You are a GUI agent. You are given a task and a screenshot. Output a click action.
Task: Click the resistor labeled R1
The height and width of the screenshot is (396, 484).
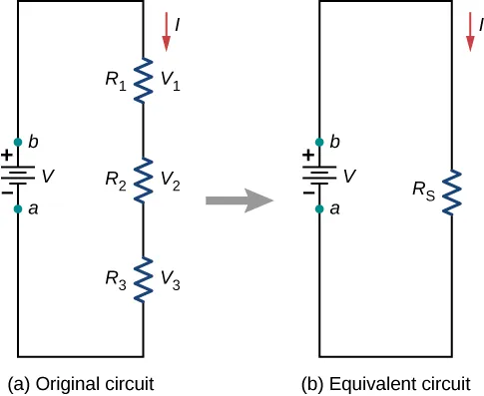click(141, 79)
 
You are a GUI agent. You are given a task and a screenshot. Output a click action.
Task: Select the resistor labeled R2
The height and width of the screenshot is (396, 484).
click(141, 180)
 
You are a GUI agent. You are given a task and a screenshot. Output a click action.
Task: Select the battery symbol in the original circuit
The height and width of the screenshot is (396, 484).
click(18, 176)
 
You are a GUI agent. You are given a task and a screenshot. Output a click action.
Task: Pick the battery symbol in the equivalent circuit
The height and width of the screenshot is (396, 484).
click(320, 176)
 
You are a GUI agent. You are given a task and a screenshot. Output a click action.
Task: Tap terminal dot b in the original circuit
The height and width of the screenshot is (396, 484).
click(18, 143)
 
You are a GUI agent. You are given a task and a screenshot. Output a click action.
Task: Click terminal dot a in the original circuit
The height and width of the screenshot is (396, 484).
click(18, 209)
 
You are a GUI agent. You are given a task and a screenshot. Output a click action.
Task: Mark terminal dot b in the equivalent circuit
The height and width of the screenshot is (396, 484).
click(320, 143)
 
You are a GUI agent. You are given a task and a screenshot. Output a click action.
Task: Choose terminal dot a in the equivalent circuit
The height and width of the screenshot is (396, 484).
click(320, 209)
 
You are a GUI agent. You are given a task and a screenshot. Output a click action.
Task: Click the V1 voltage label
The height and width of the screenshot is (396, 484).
click(171, 80)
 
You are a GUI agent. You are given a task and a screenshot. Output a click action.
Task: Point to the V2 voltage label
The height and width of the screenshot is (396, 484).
click(171, 181)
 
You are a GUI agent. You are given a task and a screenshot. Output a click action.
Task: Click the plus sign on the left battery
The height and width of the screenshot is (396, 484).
click(8, 157)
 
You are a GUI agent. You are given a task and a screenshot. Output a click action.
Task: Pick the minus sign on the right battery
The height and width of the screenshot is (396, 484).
click(310, 194)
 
